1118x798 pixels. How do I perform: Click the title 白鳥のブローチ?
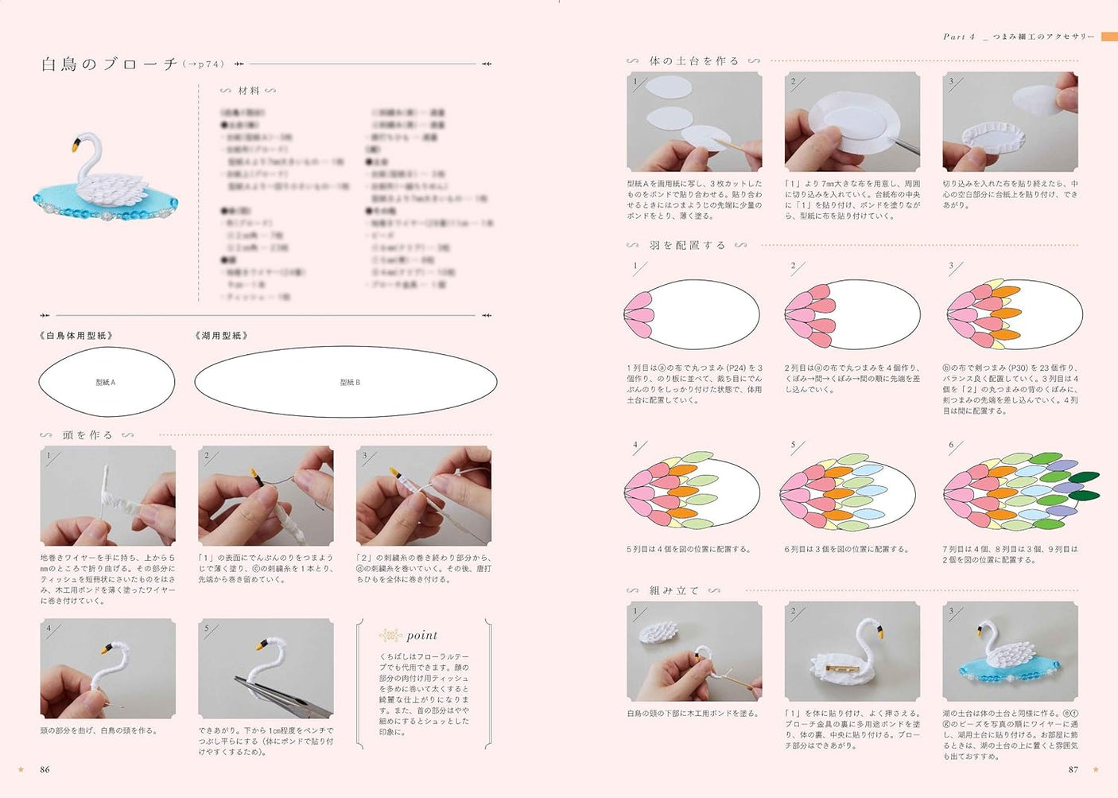tap(110, 64)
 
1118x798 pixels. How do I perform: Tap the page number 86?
tap(45, 769)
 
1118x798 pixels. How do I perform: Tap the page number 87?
tap(1073, 769)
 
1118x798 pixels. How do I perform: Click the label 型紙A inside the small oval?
tap(106, 383)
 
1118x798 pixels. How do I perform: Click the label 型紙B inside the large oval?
tap(350, 383)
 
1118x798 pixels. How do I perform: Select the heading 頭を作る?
tap(87, 435)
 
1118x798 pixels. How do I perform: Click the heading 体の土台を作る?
tap(693, 60)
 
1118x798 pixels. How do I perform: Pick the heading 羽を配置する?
tap(688, 245)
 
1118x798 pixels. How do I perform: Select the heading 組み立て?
tap(674, 590)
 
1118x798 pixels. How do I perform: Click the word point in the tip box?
tap(421, 635)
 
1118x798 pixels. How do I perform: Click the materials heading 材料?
tap(248, 91)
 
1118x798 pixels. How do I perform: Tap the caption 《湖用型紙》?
tap(222, 336)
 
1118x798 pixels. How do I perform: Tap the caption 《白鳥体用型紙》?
tap(76, 336)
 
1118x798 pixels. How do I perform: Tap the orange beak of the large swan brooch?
tap(76, 146)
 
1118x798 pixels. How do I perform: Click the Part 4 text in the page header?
tap(958, 37)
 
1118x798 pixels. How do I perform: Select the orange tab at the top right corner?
tap(1108, 37)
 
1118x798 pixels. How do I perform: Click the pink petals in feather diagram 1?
tap(638, 314)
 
